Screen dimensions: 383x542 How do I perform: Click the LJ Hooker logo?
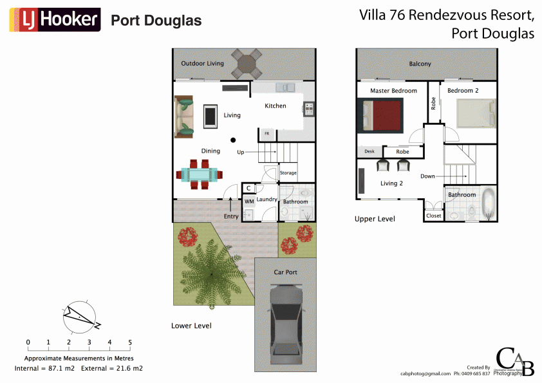(55, 21)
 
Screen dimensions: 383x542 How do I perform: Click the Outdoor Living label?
(202, 64)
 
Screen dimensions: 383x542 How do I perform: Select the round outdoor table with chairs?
(247, 63)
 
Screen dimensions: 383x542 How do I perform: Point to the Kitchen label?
(276, 106)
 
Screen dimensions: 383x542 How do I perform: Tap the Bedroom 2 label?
(463, 91)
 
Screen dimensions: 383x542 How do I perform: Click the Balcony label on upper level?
(420, 64)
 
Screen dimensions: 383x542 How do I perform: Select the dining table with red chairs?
(200, 174)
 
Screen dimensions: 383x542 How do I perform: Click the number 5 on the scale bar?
(130, 342)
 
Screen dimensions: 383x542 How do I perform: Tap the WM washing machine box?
(248, 201)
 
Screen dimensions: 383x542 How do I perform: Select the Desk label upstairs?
(369, 151)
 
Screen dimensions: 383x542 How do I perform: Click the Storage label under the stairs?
(288, 173)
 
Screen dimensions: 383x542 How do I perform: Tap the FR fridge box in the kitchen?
(266, 134)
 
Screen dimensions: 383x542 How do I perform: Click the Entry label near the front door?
(231, 216)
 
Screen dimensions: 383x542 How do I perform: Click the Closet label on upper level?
(433, 216)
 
